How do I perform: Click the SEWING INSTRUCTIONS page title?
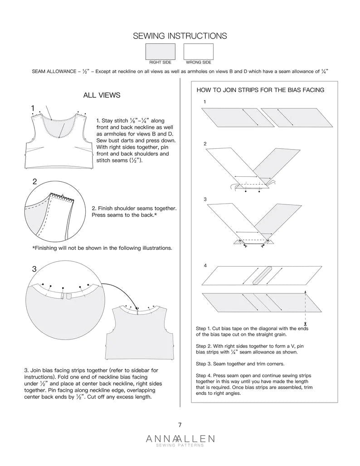(x=180, y=36)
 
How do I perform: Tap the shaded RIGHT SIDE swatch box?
(x=160, y=51)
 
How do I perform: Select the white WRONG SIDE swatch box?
(x=198, y=51)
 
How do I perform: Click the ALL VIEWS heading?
(x=102, y=95)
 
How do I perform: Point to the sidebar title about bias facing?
(x=260, y=90)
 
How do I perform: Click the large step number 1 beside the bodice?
(x=33, y=108)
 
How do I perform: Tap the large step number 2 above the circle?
(x=34, y=182)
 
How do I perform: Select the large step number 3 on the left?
(x=34, y=269)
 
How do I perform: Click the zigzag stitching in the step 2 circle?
(x=63, y=196)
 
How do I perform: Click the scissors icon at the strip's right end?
(x=306, y=324)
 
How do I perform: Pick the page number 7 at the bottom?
(x=180, y=425)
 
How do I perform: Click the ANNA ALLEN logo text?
(x=180, y=438)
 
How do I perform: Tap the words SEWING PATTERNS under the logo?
(x=180, y=445)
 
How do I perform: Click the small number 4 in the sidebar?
(x=205, y=266)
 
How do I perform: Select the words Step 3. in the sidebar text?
(x=205, y=364)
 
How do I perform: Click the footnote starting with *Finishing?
(x=102, y=248)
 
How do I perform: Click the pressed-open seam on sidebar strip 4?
(x=262, y=275)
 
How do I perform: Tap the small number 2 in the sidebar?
(x=205, y=144)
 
